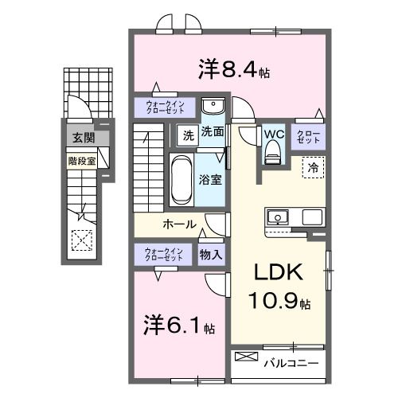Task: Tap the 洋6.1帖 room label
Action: (178, 326)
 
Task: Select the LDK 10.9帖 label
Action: (279, 287)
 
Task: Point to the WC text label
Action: (274, 133)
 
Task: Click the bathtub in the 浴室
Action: (181, 178)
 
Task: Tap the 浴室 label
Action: (211, 179)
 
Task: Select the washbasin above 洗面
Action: (212, 107)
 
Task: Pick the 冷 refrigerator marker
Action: (313, 167)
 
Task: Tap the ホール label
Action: (179, 224)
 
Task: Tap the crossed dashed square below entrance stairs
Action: (81, 239)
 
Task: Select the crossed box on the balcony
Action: (246, 357)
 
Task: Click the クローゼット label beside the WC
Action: (307, 135)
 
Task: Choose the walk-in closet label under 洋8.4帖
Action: (163, 107)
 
